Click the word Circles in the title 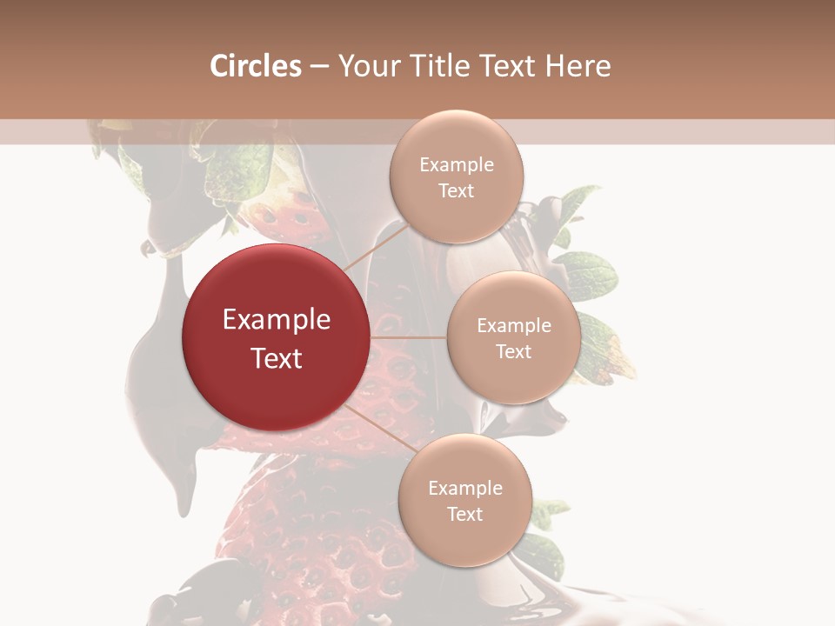(255, 66)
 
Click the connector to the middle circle (409, 337)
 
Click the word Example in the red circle (277, 320)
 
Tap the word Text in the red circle (277, 358)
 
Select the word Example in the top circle (457, 165)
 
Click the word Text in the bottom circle (464, 514)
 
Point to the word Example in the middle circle (514, 326)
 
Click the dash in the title (319, 66)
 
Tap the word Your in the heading (364, 66)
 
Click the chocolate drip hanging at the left (185, 487)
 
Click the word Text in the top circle (456, 191)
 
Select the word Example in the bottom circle (465, 489)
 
